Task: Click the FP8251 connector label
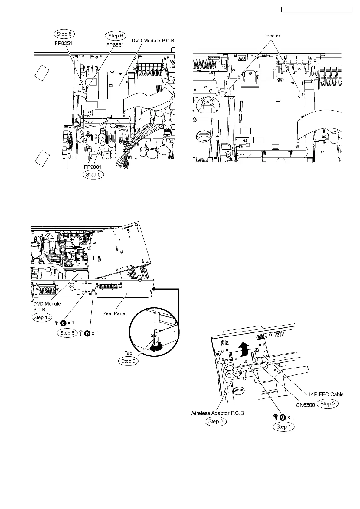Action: tap(64, 43)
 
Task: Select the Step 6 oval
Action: tap(116, 36)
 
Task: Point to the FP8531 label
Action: tap(115, 45)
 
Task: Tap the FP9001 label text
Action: tap(93, 167)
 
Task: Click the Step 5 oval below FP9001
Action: tap(93, 175)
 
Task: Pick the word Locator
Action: tap(272, 36)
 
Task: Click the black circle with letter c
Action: tap(63, 323)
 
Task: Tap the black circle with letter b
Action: tap(87, 333)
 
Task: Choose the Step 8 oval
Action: tap(67, 333)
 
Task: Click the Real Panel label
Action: tap(114, 313)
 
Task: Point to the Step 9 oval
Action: tap(128, 361)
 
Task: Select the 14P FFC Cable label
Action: tap(326, 394)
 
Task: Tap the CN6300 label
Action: tap(305, 405)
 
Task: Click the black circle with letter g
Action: tap(283, 417)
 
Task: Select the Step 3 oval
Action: tap(215, 422)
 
